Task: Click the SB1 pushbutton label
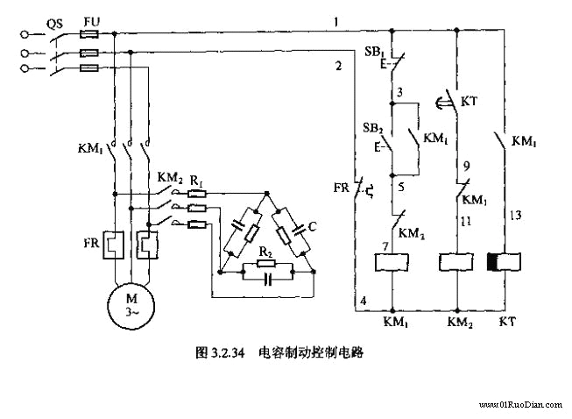[x=373, y=54]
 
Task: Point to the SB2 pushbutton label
[x=373, y=129]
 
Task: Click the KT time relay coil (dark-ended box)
[x=504, y=261]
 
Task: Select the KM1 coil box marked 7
[x=391, y=261]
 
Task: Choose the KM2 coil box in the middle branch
[x=455, y=261]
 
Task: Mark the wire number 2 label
[x=337, y=65]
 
